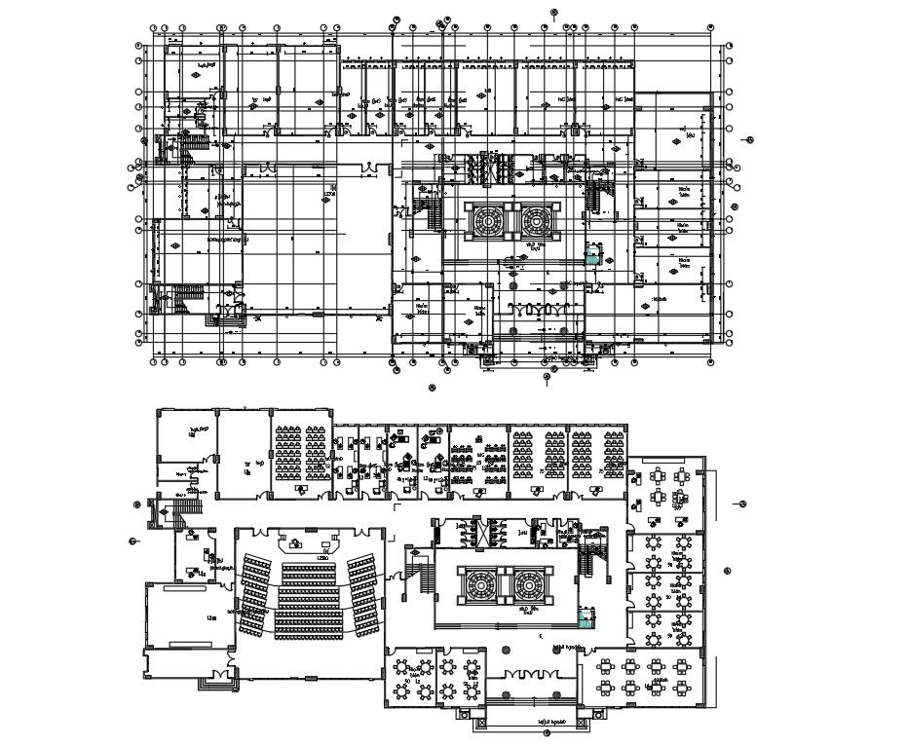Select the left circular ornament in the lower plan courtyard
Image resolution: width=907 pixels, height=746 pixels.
click(x=481, y=586)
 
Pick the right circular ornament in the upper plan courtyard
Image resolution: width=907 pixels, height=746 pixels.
click(x=535, y=221)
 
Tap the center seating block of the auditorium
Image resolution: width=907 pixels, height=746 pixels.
click(x=310, y=593)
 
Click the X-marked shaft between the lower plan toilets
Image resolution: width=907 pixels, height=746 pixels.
click(x=478, y=532)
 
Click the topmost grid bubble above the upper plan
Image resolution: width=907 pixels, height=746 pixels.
click(x=552, y=13)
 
